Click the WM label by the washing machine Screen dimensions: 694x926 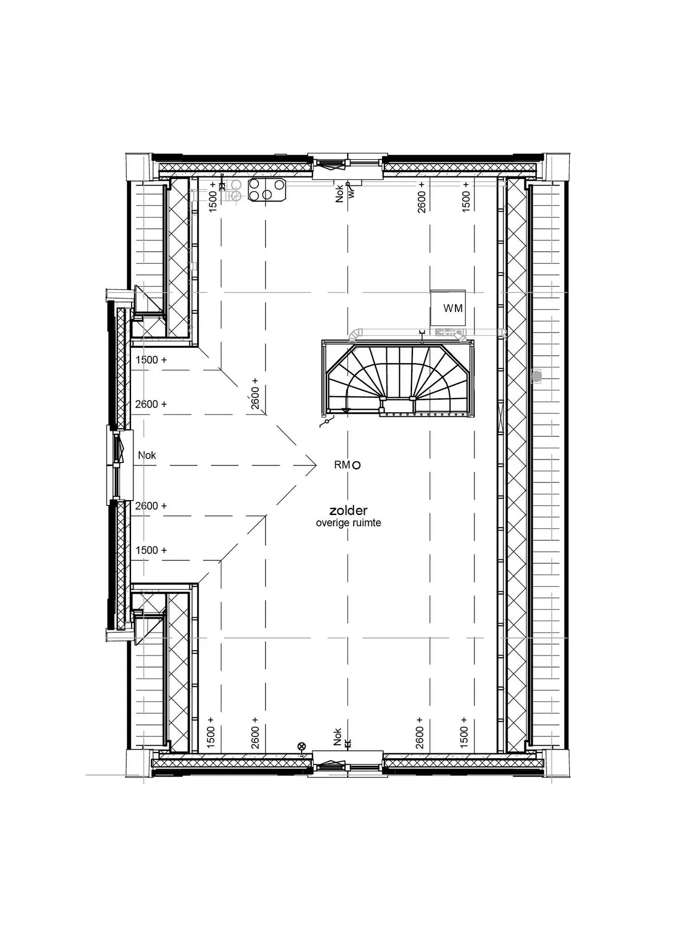(x=453, y=308)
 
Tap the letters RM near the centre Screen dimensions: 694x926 (x=342, y=465)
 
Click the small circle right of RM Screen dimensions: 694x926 (x=357, y=465)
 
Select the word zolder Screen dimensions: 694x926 (x=348, y=510)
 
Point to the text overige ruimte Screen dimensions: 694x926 (x=348, y=523)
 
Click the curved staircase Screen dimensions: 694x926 (x=398, y=378)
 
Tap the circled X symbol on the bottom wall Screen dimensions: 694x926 (x=302, y=746)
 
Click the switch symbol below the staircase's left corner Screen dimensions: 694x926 (x=326, y=422)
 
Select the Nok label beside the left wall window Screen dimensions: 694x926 (x=147, y=455)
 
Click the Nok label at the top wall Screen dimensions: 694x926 (x=339, y=193)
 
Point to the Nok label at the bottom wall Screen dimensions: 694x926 (x=338, y=737)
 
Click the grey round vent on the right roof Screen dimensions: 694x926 (x=536, y=376)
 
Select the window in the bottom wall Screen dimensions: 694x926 (x=347, y=764)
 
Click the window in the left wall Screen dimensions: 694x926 (x=120, y=465)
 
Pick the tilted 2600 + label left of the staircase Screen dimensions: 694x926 (x=255, y=394)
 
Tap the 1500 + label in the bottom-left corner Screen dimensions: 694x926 (x=211, y=732)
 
